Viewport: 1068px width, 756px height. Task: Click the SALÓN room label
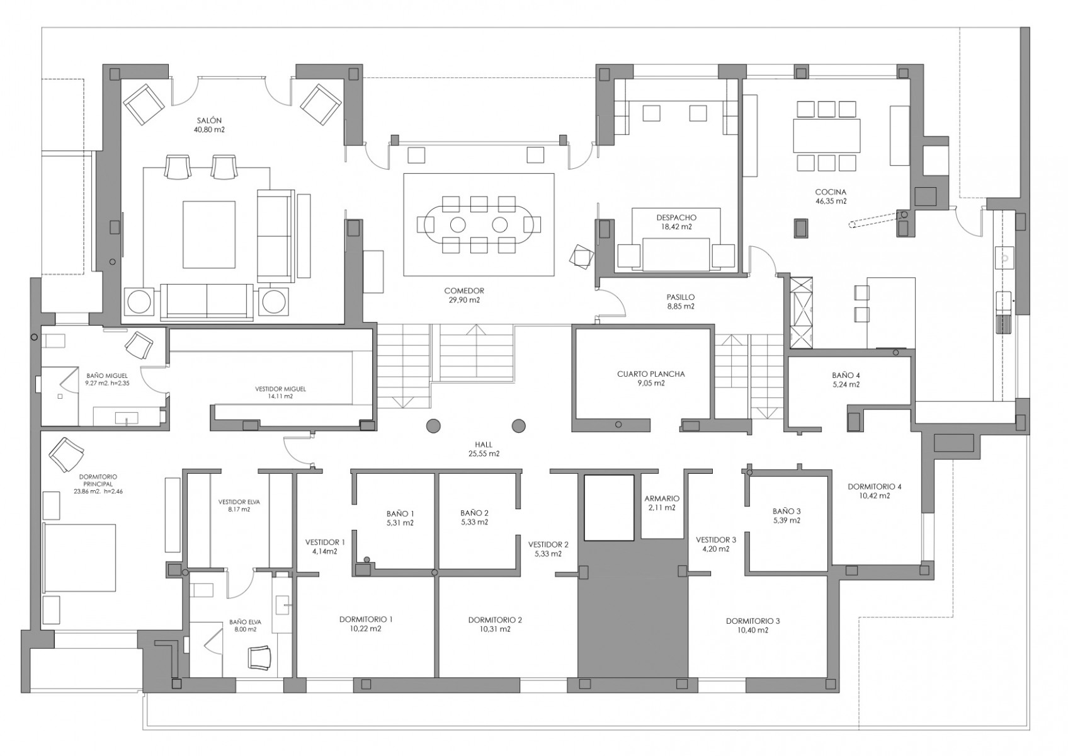(209, 121)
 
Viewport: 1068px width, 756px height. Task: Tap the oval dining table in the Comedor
(479, 224)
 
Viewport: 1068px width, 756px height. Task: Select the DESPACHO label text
(676, 217)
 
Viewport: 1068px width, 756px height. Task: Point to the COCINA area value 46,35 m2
(831, 201)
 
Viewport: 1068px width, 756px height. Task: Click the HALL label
(484, 445)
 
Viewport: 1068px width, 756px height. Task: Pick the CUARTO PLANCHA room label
(651, 374)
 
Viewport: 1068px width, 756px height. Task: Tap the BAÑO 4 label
(846, 375)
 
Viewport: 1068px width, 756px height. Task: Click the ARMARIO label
(662, 498)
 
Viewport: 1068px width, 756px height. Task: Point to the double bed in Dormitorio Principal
(79, 558)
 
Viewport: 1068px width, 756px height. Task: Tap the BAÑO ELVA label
(245, 622)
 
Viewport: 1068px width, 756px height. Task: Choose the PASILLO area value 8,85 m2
(680, 306)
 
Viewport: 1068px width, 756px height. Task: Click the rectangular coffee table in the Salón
(209, 234)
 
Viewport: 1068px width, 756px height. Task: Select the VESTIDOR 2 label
(548, 544)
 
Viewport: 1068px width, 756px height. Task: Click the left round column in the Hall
(433, 425)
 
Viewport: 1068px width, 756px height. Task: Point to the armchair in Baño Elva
(260, 657)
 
